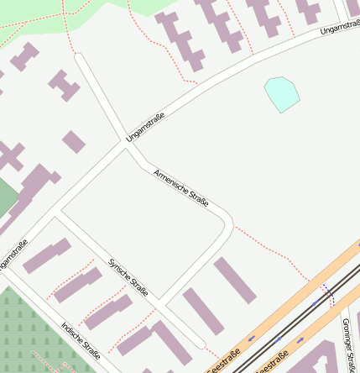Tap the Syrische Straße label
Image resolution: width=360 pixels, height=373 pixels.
coord(128,277)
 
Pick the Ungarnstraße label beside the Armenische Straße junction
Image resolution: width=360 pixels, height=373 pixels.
coord(145,126)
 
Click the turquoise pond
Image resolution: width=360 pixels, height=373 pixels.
coord(282,93)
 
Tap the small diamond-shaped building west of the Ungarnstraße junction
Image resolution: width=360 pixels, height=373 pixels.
coord(74,141)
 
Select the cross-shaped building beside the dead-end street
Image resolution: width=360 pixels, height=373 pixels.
coord(64,84)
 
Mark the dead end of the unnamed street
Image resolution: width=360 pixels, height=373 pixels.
coord(78,56)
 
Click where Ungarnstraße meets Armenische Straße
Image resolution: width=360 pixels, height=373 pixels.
coord(127,144)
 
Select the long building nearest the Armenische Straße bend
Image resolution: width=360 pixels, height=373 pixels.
coord(234,281)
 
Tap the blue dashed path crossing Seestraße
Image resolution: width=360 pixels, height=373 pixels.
coord(328,294)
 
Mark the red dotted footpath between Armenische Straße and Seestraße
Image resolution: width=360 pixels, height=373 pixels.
coord(269,249)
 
